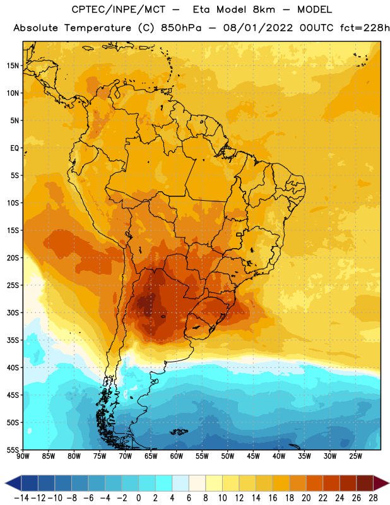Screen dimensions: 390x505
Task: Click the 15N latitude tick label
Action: click(x=13, y=66)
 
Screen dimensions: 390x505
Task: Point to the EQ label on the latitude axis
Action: click(x=15, y=148)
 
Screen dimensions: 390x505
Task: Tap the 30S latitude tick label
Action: click(x=13, y=312)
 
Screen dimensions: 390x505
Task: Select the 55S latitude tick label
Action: click(x=13, y=450)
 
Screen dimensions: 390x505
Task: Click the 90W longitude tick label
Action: click(x=23, y=456)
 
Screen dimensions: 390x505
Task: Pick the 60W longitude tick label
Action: click(x=177, y=456)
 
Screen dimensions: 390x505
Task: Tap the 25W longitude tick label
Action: click(x=355, y=456)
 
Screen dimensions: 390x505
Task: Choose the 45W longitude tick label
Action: click(x=253, y=456)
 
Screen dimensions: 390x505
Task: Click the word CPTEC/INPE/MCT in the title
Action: click(x=118, y=9)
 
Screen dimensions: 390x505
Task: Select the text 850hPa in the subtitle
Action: click(x=181, y=28)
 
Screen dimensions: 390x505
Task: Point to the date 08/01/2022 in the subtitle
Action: click(x=258, y=28)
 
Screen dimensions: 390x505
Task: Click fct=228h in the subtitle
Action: click(x=365, y=28)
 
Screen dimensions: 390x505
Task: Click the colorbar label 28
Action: click(x=373, y=498)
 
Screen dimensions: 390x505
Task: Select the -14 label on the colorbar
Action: click(x=21, y=498)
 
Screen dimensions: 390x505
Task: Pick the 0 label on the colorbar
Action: click(x=138, y=498)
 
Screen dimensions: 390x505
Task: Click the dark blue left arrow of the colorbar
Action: click(x=13, y=483)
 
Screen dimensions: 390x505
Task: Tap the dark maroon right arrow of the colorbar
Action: click(x=381, y=483)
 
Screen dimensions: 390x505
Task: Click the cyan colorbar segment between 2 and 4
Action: click(x=163, y=483)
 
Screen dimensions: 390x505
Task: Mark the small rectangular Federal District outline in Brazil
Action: click(x=239, y=234)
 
